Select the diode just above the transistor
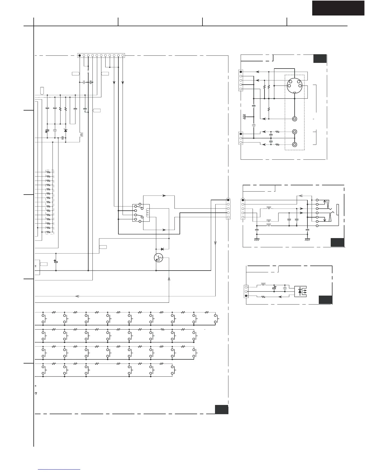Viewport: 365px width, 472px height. tap(162, 249)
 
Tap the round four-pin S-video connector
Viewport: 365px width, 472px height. tap(294, 86)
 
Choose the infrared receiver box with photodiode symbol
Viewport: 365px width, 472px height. tap(302, 291)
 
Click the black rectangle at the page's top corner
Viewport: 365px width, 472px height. tap(338, 8)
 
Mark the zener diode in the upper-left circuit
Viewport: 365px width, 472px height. tap(66, 131)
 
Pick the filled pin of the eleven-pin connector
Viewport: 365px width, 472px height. tap(80, 55)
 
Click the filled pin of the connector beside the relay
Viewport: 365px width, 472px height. tap(228, 200)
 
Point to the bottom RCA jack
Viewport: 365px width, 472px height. tap(295, 145)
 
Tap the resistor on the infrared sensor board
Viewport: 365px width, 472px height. tap(263, 296)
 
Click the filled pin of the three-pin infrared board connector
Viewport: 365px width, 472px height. tap(246, 296)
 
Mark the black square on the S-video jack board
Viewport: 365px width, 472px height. tap(320, 58)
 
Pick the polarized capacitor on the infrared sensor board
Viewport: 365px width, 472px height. tap(274, 288)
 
